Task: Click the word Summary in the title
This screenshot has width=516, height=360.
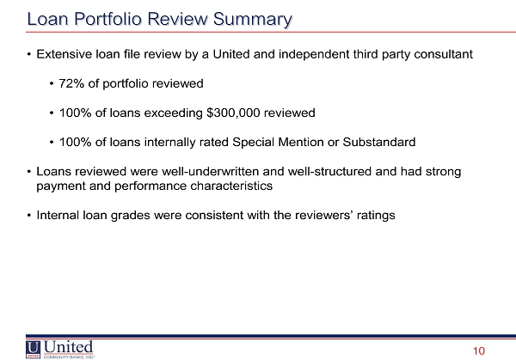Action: click(252, 20)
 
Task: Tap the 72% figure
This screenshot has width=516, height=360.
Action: click(71, 83)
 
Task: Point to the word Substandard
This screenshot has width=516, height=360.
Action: click(379, 142)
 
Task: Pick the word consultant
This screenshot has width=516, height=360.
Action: click(443, 54)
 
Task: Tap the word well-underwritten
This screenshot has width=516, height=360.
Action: click(211, 171)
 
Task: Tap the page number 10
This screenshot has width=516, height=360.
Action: click(479, 351)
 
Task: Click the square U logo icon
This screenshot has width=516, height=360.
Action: click(33, 350)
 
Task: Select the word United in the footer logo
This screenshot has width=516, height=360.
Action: click(68, 347)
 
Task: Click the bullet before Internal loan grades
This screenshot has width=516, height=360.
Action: click(29, 216)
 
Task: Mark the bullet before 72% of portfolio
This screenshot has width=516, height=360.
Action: click(52, 84)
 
